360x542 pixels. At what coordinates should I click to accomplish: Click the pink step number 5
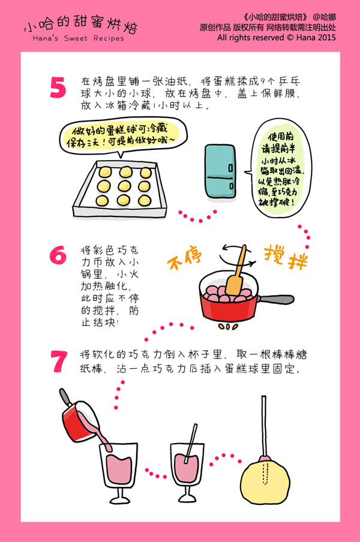(58, 88)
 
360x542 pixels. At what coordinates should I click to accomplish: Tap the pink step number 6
(58, 255)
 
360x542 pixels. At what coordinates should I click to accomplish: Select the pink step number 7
(58, 361)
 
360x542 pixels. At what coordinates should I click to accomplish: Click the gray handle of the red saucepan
(274, 299)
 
